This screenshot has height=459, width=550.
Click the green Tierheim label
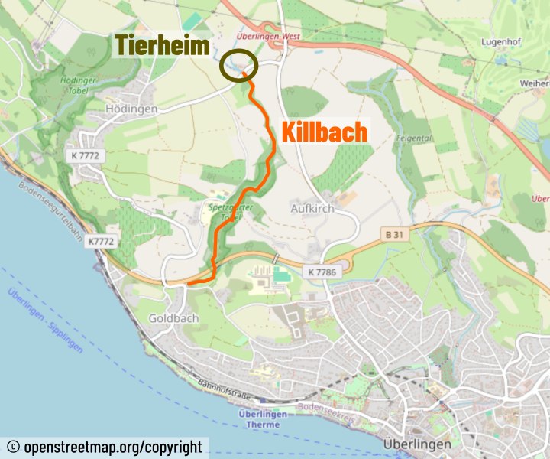pos(162,46)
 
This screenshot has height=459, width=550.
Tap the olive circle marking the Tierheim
pos(239,66)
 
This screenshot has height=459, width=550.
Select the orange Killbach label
pos(325,132)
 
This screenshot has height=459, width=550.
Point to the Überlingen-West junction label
pos(267,36)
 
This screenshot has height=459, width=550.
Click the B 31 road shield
pos(393,235)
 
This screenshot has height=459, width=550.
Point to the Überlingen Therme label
pos(262,420)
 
